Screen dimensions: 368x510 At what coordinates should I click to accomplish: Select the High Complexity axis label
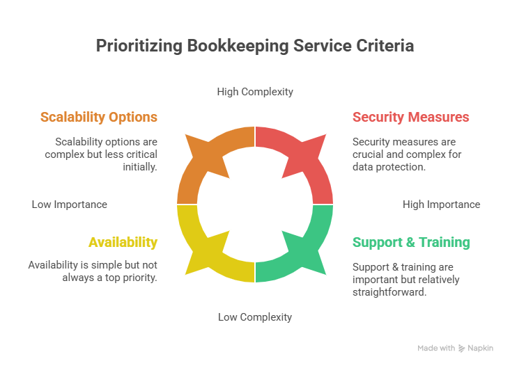click(255, 91)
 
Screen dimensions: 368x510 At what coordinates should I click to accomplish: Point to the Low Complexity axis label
click(255, 317)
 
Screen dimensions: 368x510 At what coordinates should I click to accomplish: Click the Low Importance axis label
click(70, 205)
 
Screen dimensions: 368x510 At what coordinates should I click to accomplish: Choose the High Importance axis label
click(441, 205)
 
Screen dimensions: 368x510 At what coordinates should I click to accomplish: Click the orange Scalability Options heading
click(98, 117)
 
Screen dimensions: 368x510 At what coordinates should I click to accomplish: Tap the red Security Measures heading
click(410, 117)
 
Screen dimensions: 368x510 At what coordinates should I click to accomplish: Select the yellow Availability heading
click(123, 242)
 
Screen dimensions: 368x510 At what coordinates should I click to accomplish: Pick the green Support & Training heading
click(411, 242)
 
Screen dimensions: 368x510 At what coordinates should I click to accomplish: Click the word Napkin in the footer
click(481, 348)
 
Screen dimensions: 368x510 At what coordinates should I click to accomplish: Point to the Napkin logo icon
click(462, 348)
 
